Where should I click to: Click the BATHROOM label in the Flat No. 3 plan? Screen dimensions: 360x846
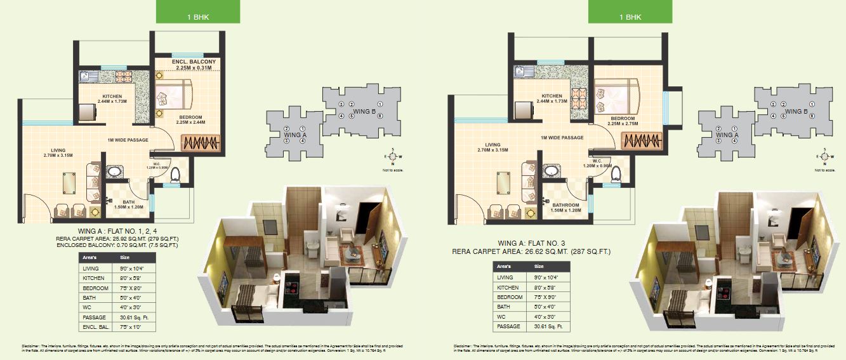click(565, 205)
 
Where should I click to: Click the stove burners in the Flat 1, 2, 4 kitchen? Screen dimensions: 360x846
click(122, 76)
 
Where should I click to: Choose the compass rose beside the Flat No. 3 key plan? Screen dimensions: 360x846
click(824, 155)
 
